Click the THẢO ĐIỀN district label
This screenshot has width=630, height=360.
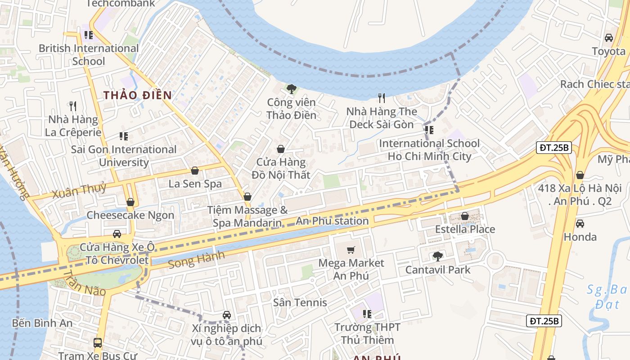tap(137, 95)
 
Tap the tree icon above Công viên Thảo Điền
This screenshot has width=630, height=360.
tap(291, 89)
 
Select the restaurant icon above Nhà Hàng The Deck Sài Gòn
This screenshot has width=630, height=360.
tap(382, 98)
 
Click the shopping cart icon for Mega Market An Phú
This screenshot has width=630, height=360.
tap(351, 250)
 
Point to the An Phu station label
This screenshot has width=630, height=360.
tap(332, 221)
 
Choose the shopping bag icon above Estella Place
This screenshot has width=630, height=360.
tap(465, 216)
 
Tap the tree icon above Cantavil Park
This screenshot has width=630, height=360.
tap(437, 256)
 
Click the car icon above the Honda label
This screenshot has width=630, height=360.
tap(580, 223)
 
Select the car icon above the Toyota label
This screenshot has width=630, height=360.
tap(609, 38)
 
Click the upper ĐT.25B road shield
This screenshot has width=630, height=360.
tap(553, 148)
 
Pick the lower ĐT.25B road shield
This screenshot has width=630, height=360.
tap(544, 321)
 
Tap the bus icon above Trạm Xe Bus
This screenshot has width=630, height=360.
tap(97, 342)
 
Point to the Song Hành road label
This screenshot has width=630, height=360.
tap(196, 260)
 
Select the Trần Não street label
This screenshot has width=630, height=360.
tap(84, 283)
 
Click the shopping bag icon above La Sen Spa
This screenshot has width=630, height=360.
tap(195, 171)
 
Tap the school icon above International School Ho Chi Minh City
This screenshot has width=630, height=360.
tap(429, 130)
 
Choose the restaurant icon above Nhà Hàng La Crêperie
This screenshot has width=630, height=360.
tap(73, 106)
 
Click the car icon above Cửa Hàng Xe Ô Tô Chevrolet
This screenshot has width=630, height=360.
tap(117, 234)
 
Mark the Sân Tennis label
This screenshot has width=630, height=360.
tap(300, 302)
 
